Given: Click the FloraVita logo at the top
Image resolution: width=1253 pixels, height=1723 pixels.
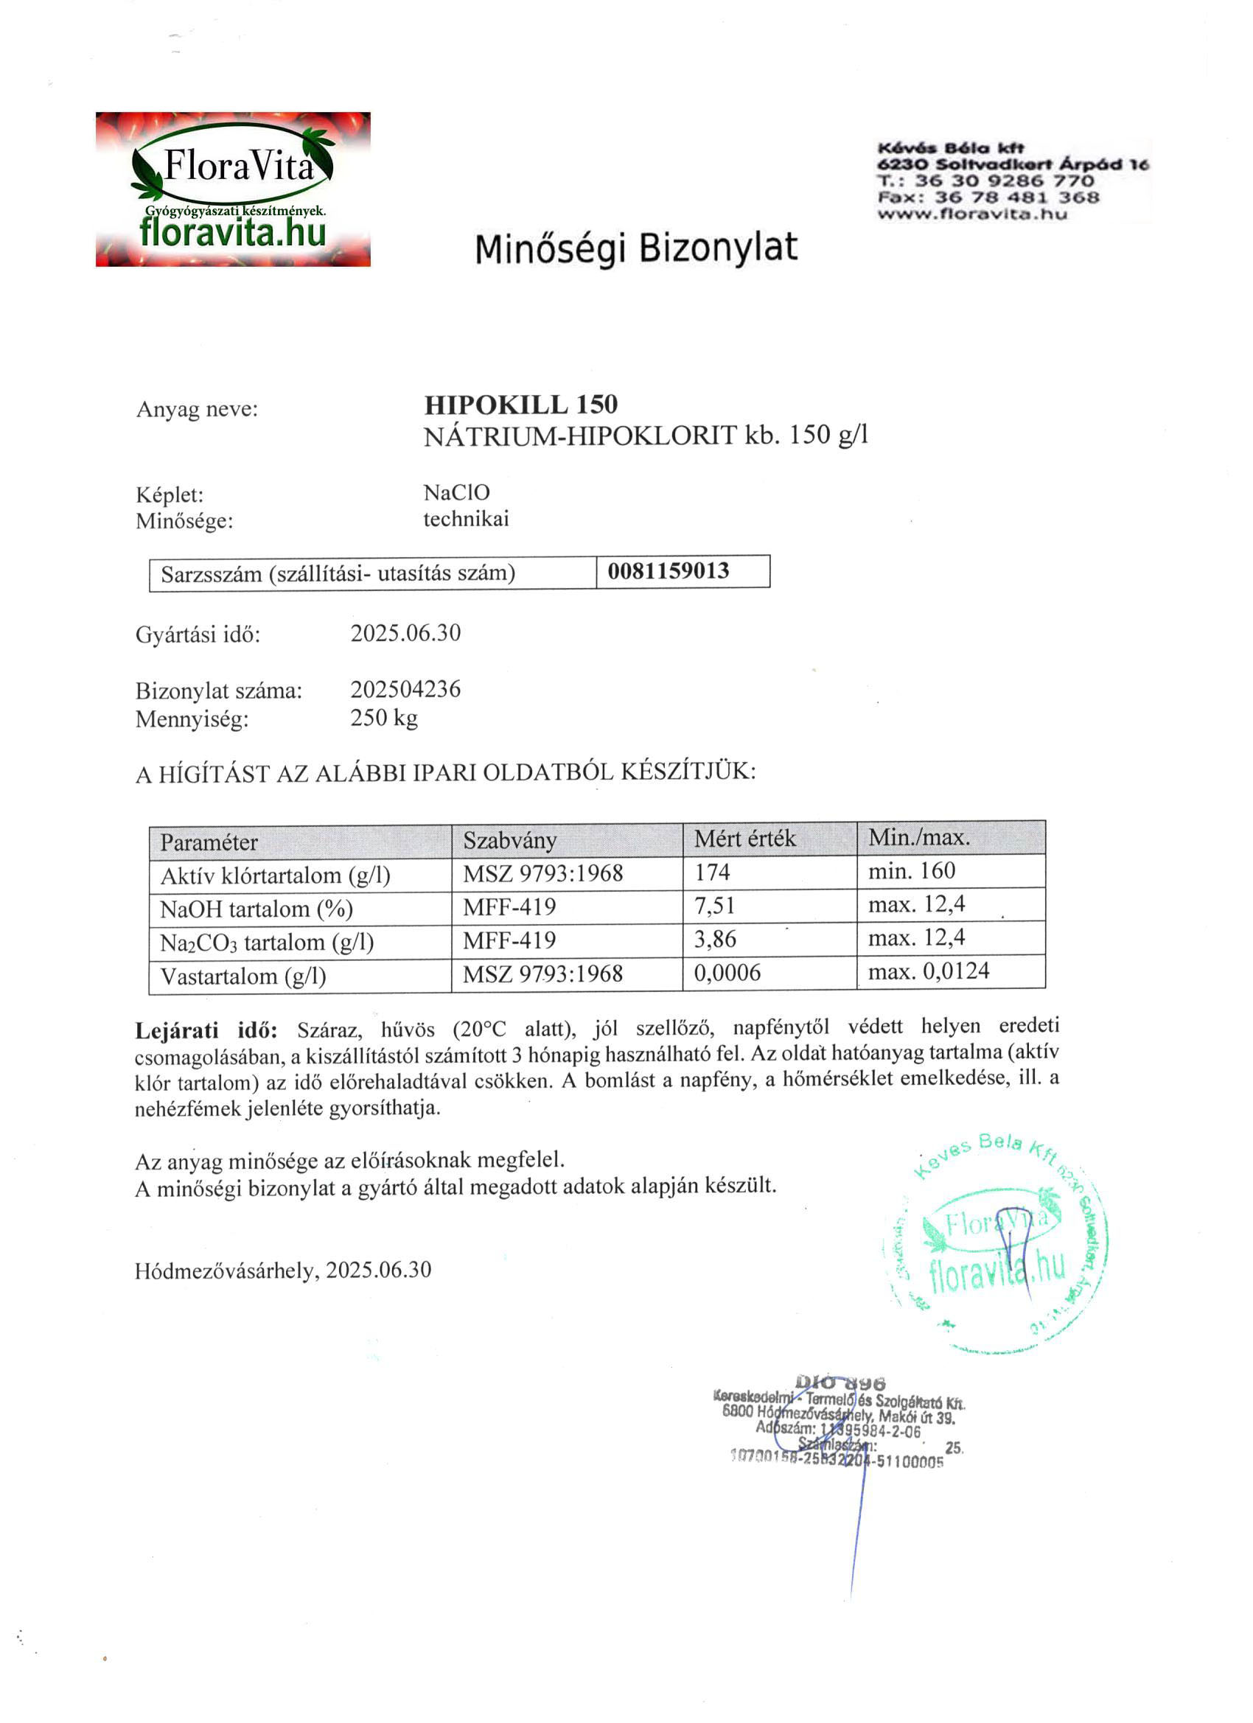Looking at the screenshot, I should (x=232, y=189).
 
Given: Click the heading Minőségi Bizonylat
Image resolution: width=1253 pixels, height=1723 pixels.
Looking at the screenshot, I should (x=636, y=248).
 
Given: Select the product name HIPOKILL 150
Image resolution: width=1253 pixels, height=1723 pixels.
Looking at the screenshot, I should (x=520, y=404).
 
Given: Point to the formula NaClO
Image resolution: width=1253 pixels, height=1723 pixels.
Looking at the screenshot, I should (x=456, y=492).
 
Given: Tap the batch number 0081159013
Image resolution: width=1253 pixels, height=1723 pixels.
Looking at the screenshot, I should (x=668, y=570).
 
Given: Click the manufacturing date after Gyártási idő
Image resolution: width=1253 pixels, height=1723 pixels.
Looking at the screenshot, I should (x=405, y=633).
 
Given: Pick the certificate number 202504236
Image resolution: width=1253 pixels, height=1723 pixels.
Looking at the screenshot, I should (x=405, y=689).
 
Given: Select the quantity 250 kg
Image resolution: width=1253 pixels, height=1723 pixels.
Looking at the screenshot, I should (x=384, y=717).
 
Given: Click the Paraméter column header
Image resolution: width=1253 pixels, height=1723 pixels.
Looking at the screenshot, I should (x=209, y=842).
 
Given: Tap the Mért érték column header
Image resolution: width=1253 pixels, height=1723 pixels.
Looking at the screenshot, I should (x=744, y=838).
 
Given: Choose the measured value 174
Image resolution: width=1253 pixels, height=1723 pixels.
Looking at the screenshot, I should (x=712, y=871).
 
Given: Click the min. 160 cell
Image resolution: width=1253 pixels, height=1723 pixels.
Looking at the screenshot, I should (x=911, y=870).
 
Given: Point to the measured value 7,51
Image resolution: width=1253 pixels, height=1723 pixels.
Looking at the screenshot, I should (x=714, y=905).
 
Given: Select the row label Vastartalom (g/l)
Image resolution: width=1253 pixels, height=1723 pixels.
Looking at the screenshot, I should (x=243, y=976).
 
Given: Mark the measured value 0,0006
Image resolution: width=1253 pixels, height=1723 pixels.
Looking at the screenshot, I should (x=727, y=973).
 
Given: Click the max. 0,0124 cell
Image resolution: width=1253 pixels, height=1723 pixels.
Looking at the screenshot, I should (x=929, y=971).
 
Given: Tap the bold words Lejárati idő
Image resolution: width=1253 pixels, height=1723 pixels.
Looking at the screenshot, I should (x=206, y=1030).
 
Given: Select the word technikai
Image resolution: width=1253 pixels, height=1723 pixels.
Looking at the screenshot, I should (x=466, y=519).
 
